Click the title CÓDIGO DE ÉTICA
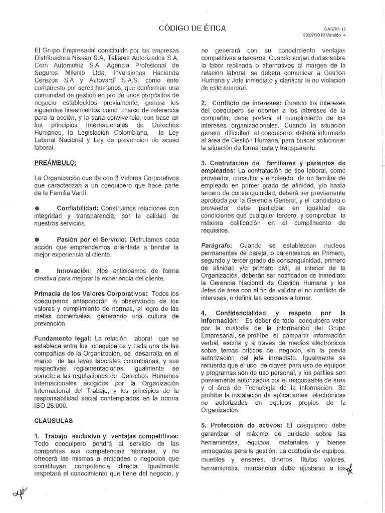pos(192,28)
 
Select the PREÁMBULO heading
pos(55,163)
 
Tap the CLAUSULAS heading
pos(53,420)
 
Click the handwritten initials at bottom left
pos(21,493)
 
